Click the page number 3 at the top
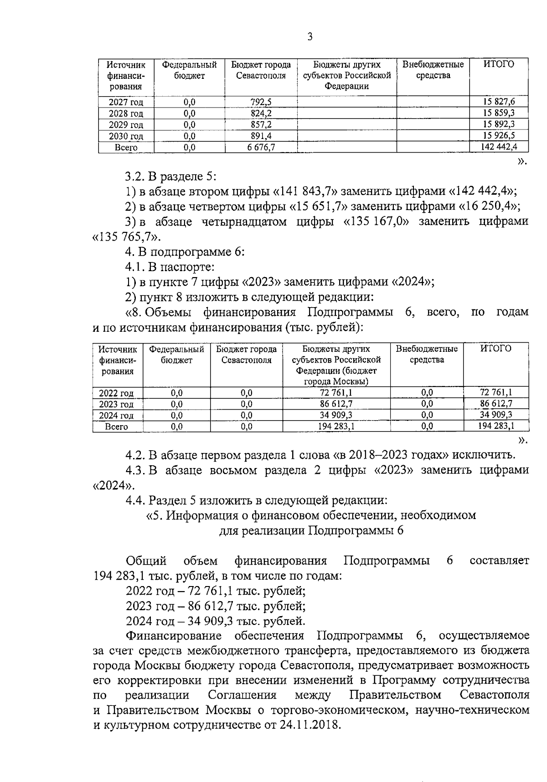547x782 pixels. [310, 37]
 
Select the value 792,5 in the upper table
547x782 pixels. [261, 102]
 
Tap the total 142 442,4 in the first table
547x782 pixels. [499, 147]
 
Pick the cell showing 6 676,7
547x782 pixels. [261, 147]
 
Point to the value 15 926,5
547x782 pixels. [499, 135]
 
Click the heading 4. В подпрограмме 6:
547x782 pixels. [185, 252]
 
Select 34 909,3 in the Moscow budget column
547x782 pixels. [336, 415]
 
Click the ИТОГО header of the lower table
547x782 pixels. [496, 349]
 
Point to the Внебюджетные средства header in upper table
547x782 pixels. [433, 70]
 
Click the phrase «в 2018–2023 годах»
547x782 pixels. [392, 455]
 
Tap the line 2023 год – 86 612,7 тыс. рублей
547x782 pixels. [215, 606]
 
